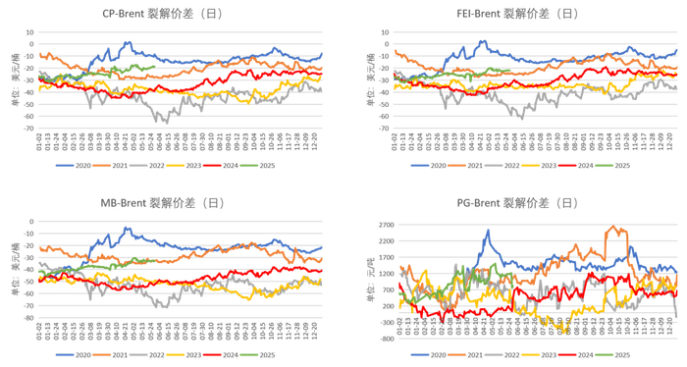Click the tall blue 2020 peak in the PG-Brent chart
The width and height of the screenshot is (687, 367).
tap(488, 231)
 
